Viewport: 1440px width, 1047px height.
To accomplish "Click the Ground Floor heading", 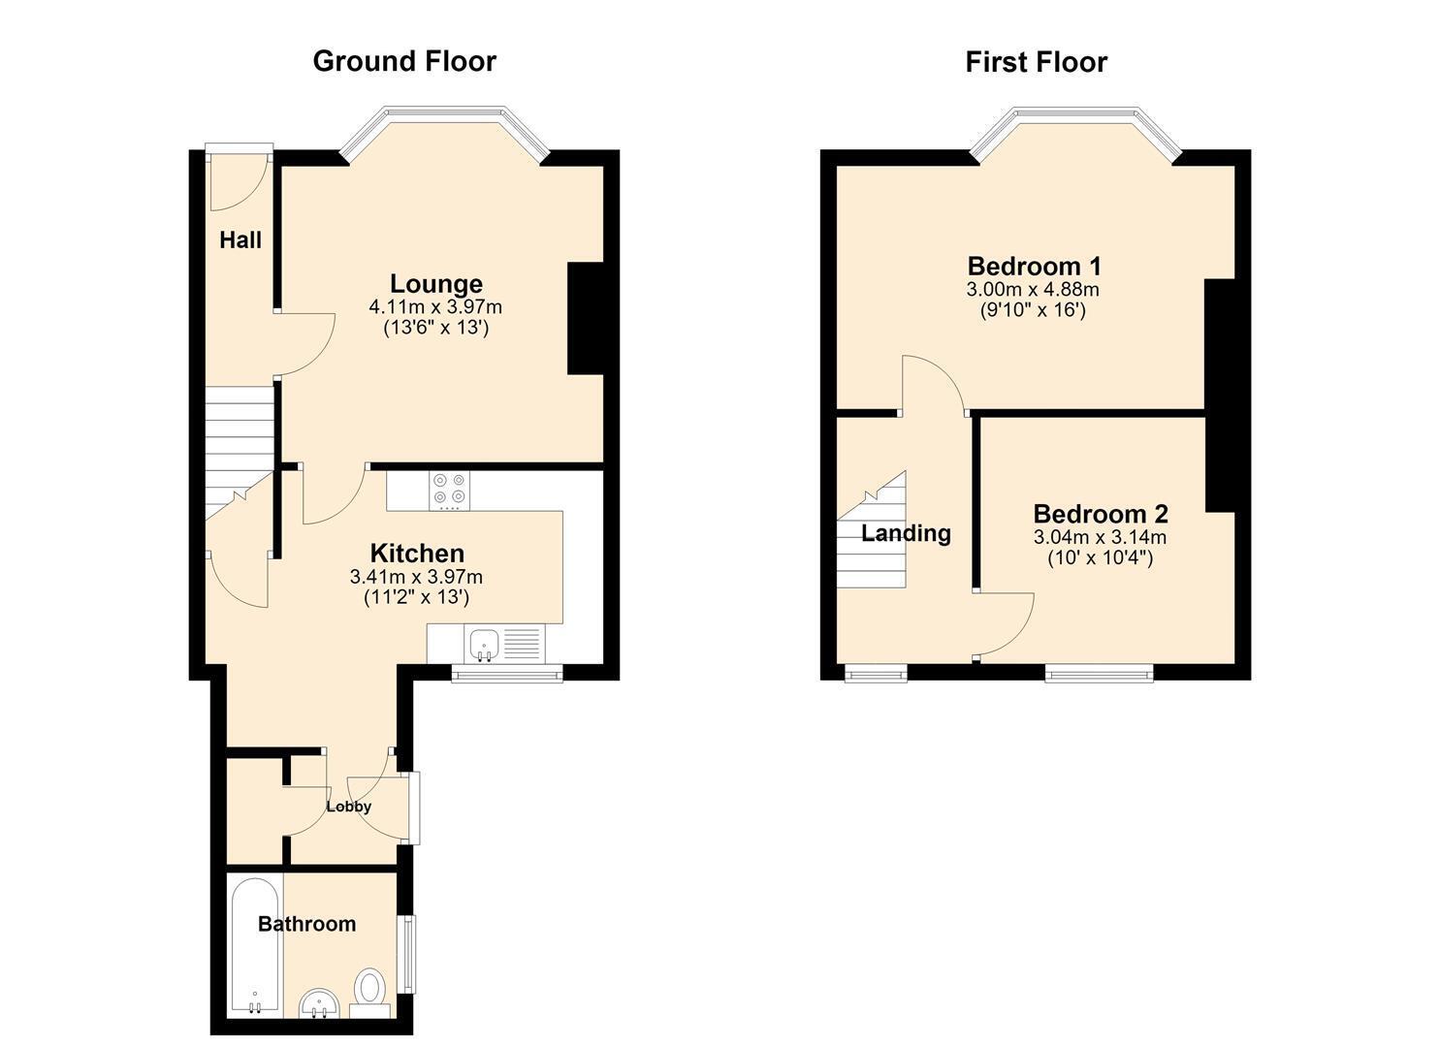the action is [x=404, y=62].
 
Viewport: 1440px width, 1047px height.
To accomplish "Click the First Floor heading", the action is [x=1037, y=62].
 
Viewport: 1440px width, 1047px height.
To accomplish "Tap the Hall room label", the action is [x=240, y=240].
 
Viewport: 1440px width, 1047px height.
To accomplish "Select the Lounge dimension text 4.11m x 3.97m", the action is [x=435, y=307].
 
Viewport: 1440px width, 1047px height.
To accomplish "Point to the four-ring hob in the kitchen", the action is [x=449, y=492].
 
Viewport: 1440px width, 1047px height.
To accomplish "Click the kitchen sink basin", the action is [x=485, y=645].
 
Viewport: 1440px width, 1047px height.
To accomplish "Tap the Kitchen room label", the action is [x=417, y=554].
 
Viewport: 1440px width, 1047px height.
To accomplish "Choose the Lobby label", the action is [x=348, y=807].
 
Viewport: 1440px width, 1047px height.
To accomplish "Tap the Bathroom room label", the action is [x=306, y=924].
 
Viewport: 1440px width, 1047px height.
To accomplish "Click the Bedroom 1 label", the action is [x=1034, y=266].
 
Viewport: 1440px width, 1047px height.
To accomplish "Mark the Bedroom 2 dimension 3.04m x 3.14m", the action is [x=1100, y=537].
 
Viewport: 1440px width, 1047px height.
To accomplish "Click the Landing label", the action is [x=906, y=533].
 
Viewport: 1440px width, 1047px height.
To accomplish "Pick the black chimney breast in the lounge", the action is [x=585, y=318].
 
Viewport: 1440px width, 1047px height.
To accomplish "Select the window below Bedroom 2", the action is [x=1100, y=673].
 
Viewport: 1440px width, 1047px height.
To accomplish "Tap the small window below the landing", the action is [x=876, y=673].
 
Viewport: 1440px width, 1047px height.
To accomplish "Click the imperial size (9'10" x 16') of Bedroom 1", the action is [x=1033, y=310].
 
